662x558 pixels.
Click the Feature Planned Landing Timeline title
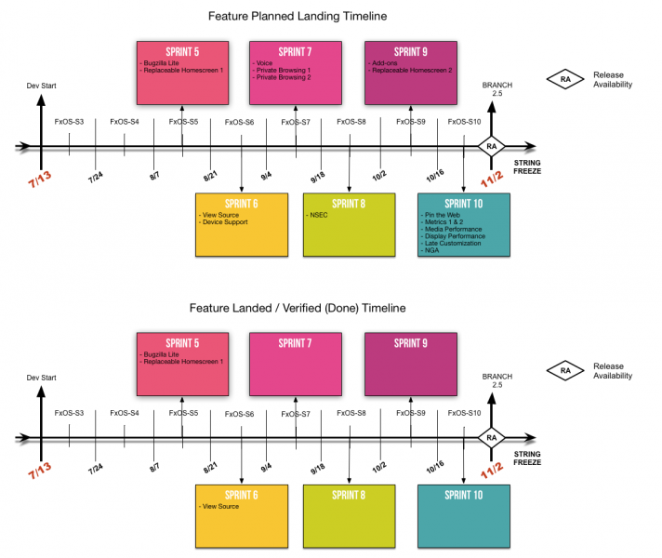(297, 16)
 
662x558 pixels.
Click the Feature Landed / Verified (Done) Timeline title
(297, 308)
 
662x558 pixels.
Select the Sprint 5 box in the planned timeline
(182, 72)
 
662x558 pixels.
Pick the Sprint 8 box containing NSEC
(350, 224)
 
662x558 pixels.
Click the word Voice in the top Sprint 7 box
(264, 63)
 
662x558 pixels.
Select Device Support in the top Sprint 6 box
(223, 222)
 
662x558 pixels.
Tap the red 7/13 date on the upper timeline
(40, 172)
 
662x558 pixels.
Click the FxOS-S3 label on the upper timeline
(69, 122)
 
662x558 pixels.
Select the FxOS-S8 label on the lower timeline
(351, 413)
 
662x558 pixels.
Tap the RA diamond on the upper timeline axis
(490, 147)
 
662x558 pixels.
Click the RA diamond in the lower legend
(565, 371)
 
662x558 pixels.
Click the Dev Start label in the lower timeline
(40, 378)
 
